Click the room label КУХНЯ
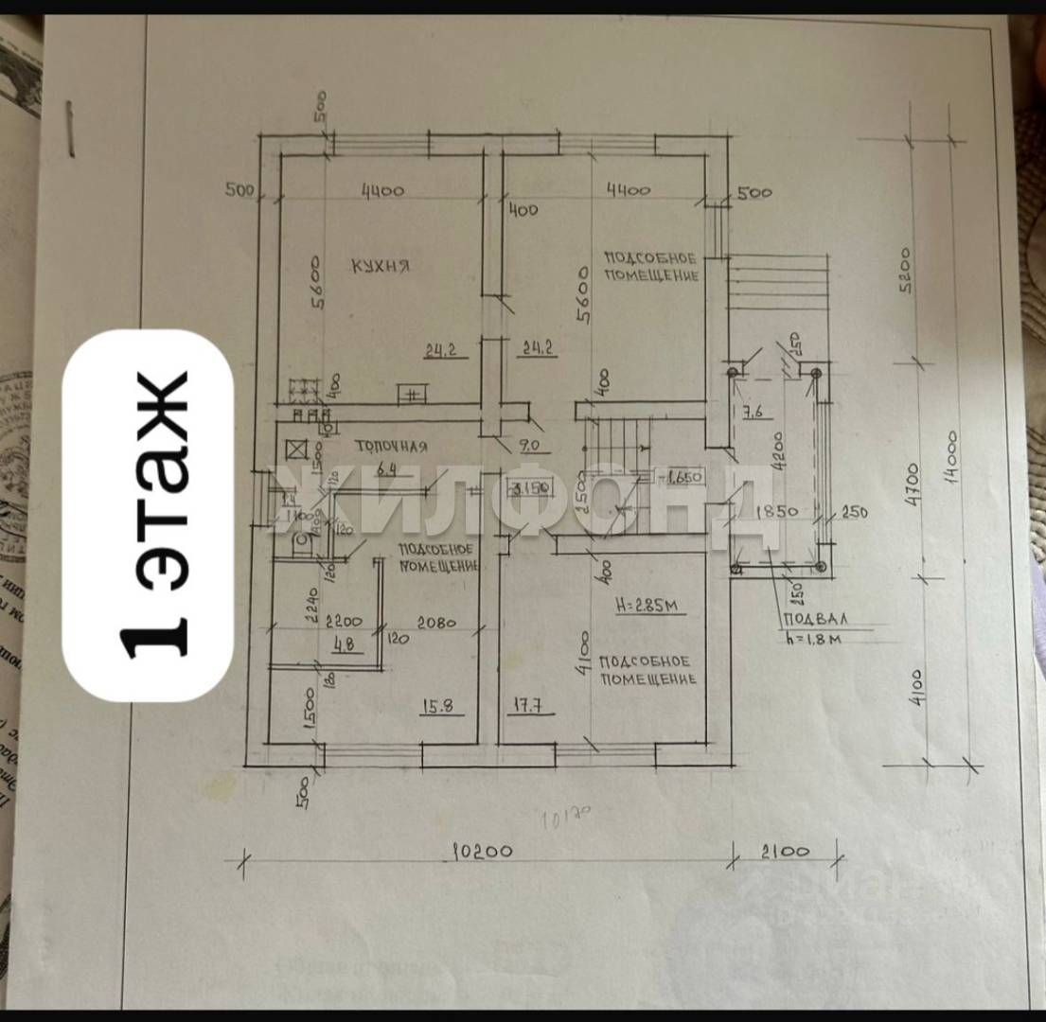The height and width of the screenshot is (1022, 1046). [381, 266]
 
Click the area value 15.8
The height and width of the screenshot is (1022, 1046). [436, 705]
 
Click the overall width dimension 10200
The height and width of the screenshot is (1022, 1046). [482, 851]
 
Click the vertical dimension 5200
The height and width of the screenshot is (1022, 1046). [905, 270]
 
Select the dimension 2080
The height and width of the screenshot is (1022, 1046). [434, 624]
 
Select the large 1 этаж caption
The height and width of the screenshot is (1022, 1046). [148, 516]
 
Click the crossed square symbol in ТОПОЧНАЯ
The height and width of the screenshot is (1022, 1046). [295, 449]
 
